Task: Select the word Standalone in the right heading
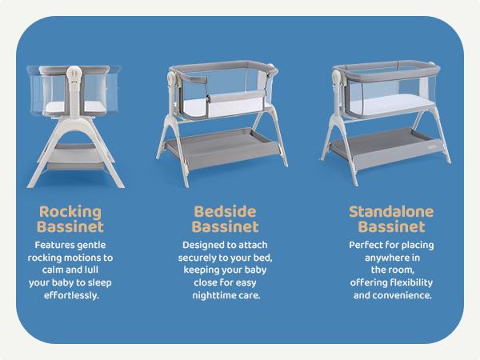pyautogui.click(x=390, y=212)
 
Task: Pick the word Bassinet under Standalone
pyautogui.click(x=390, y=228)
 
